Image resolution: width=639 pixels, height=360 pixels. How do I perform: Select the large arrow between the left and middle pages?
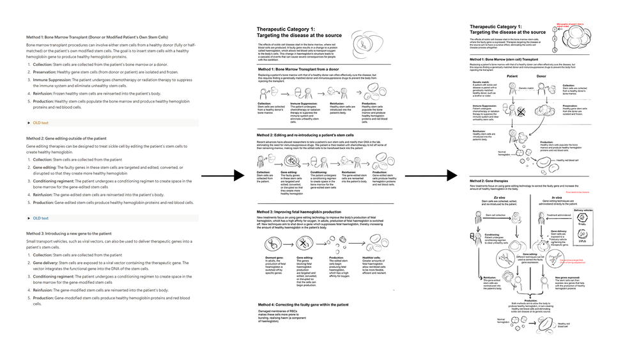point(228,174)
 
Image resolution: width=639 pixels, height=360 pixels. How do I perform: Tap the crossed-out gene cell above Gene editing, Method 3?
point(298,244)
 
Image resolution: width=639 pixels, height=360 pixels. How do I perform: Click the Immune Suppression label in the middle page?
point(305,103)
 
